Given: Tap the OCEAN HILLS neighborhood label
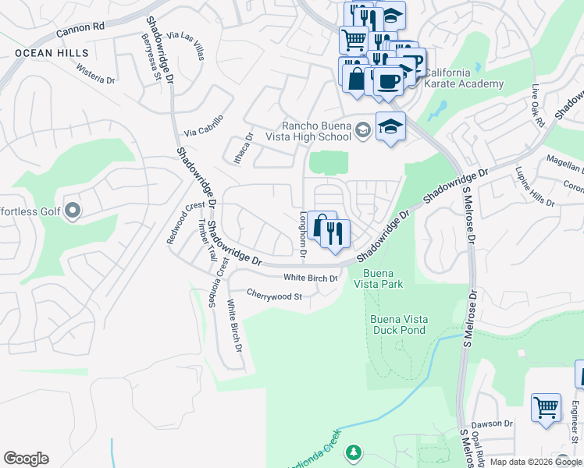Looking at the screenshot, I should [51, 53].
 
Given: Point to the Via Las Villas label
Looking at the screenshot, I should [186, 47].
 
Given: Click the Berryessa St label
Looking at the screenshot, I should [151, 57].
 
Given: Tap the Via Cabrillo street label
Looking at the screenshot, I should [204, 126].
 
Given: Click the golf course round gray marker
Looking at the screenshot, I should [73, 210].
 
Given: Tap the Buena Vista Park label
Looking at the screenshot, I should [383, 278].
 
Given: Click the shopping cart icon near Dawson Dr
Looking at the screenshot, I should [546, 407].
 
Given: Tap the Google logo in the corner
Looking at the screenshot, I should [26, 459].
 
